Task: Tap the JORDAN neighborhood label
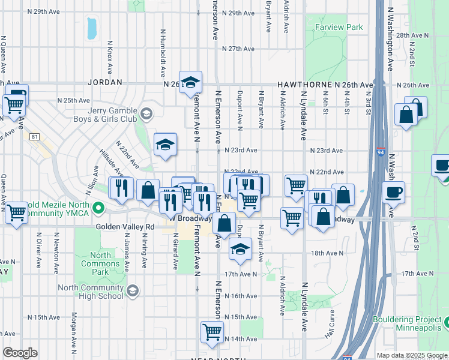tap(105, 82)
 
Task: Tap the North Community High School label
tap(91, 292)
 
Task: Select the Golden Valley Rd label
tap(125, 227)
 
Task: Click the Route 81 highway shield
tap(34, 137)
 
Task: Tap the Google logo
tap(20, 353)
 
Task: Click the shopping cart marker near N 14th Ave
tap(212, 332)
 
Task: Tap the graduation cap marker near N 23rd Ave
tap(165, 145)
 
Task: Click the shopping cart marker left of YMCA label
tap(16, 212)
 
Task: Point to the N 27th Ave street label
tap(238, 49)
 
